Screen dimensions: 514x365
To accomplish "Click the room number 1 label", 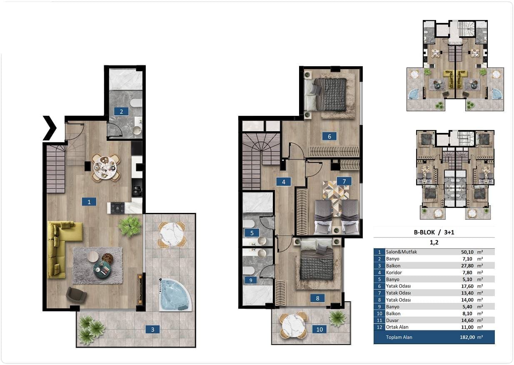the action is [89, 202].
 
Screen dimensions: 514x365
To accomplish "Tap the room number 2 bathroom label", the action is [121, 112].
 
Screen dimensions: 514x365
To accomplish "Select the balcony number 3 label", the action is [152, 330].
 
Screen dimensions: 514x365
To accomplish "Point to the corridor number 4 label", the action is [284, 182].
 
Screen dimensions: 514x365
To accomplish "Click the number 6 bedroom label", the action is [329, 136].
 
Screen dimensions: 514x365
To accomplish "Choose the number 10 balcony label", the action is [319, 330].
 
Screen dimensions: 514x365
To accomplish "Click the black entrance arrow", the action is [50, 128].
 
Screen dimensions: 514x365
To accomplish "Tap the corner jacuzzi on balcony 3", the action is [175, 295].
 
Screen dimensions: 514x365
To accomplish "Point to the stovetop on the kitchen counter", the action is [117, 208].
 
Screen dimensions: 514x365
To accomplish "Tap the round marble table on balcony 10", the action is [293, 325].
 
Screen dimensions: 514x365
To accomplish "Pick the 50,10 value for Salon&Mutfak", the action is [467, 252].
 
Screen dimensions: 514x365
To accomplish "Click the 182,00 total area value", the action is [467, 337].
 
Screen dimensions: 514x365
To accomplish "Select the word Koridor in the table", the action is [394, 272].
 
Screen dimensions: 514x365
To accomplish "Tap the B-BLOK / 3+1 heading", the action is [434, 232].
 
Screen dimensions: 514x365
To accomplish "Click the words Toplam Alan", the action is [399, 337].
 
